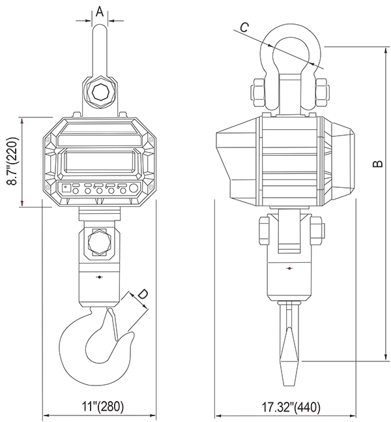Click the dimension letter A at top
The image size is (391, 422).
100,12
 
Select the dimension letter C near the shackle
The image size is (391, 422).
244,27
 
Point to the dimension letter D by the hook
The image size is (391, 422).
143,294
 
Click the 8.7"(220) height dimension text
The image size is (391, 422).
12,162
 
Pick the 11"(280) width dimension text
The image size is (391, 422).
103,406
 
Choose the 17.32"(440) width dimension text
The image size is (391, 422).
291,407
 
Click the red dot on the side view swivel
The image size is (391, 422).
289,268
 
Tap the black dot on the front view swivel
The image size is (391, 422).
100,277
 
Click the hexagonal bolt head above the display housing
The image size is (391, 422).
101,93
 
